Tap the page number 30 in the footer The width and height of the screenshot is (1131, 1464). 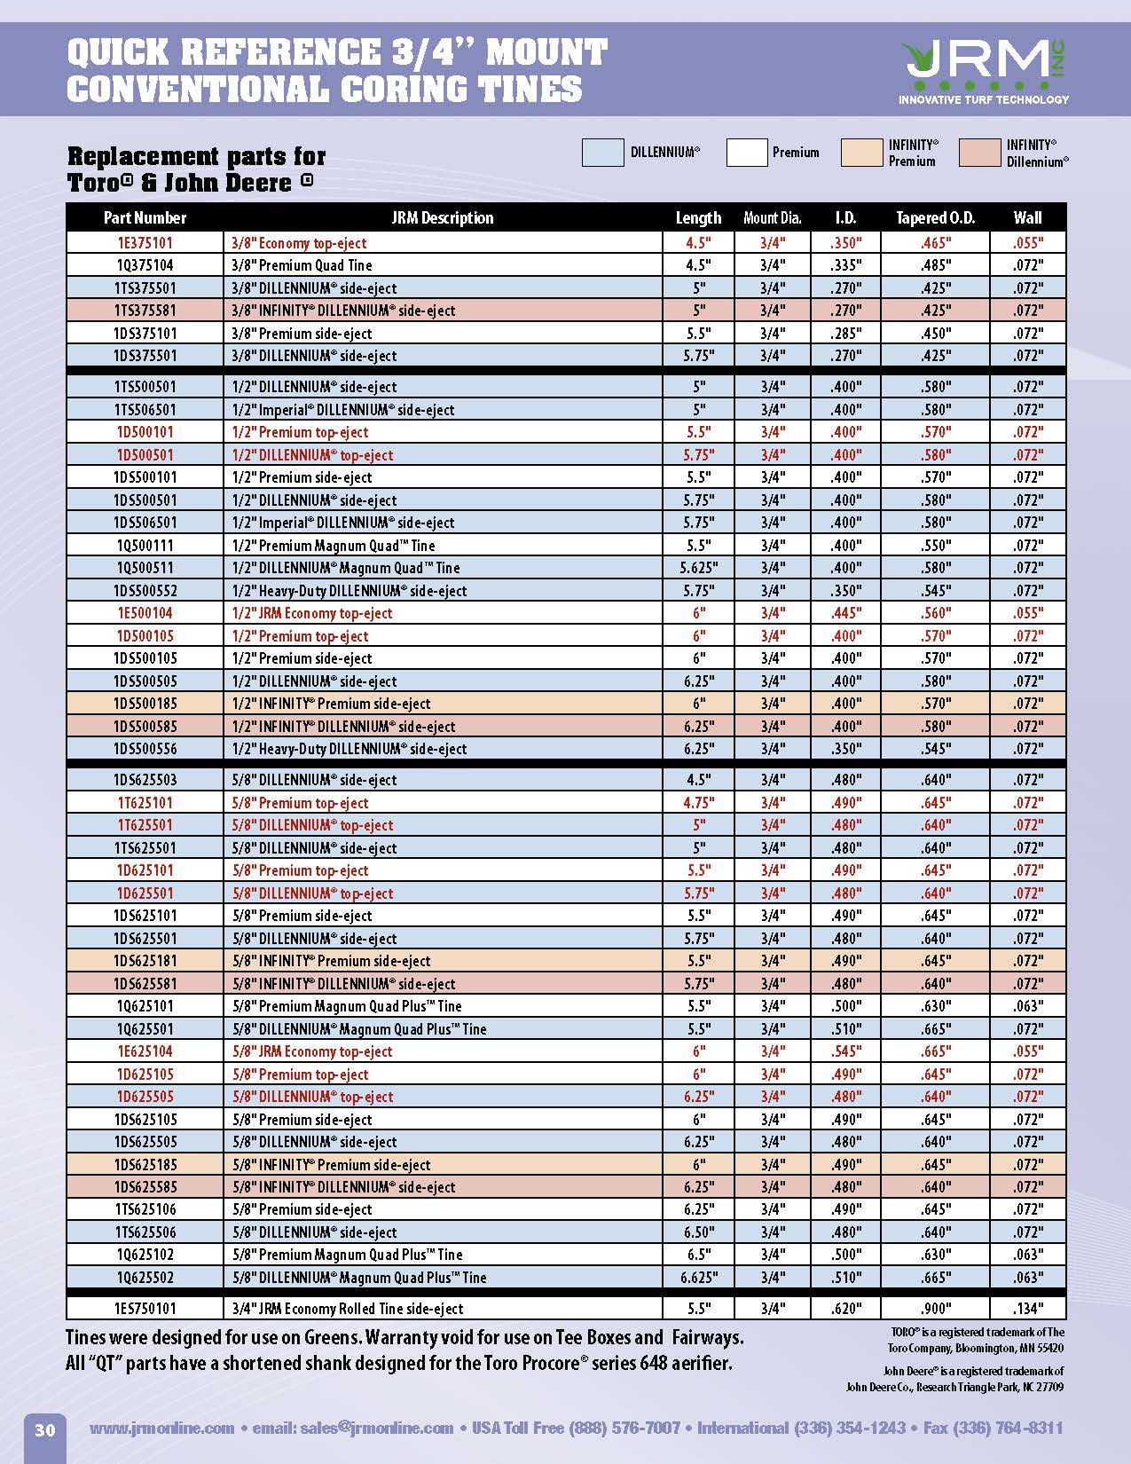pos(44,1429)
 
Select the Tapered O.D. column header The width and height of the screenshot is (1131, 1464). pos(935,217)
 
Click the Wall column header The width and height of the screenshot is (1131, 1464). pos(1027,217)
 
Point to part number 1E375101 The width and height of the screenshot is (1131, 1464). pos(145,243)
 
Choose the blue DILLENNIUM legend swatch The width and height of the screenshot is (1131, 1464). pos(602,153)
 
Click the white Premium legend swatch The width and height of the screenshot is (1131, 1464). pos(746,153)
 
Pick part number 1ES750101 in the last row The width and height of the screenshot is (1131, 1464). pos(145,1309)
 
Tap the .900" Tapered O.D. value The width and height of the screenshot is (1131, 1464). pos(935,1309)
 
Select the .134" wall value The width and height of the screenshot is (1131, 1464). pos(1027,1309)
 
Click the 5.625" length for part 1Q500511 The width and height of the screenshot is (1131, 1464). pos(698,568)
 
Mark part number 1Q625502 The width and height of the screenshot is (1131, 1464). pos(145,1278)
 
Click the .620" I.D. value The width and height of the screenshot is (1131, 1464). pos(845,1309)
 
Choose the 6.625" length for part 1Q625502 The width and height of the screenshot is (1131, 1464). pos(698,1278)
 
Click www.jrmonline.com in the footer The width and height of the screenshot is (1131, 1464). pos(161,1429)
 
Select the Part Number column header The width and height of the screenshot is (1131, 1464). pos(145,217)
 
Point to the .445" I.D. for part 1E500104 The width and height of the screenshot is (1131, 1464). pos(845,613)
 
